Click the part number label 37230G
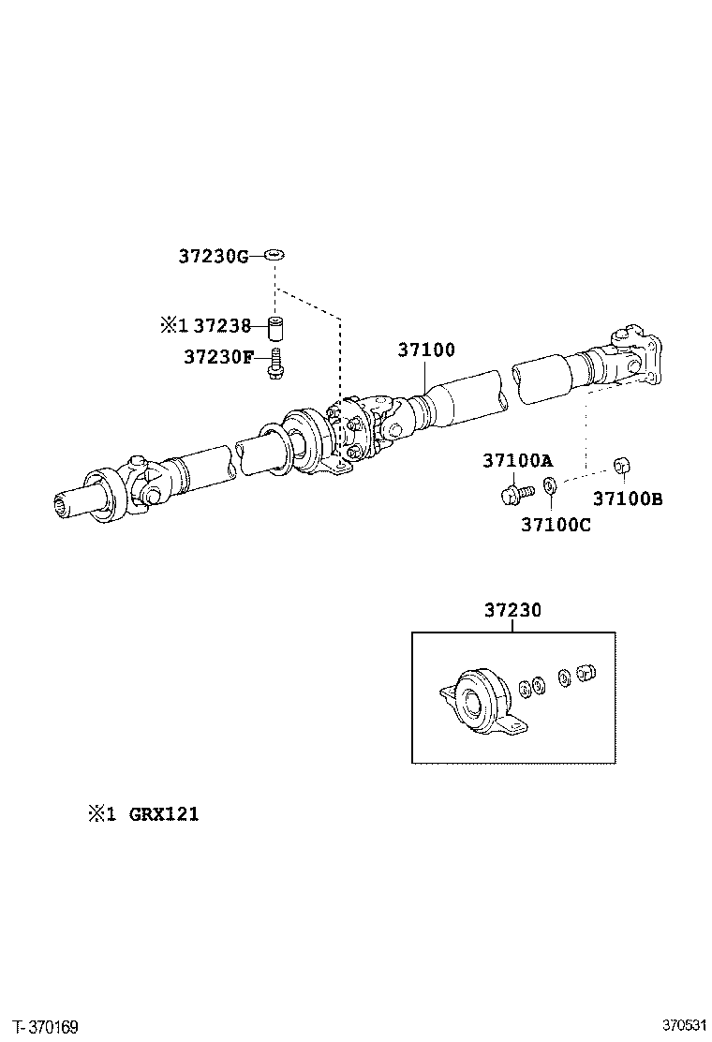coord(214,255)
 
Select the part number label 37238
coord(221,325)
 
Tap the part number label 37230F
coord(218,357)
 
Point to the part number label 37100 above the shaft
coord(426,350)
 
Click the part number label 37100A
coord(517,460)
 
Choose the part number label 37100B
coord(627,499)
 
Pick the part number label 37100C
coord(556,525)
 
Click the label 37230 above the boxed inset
coord(512,610)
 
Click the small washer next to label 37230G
coord(274,254)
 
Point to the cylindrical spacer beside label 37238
coord(275,330)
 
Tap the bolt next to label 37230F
coord(275,365)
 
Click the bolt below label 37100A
coord(514,490)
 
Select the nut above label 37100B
coord(619,465)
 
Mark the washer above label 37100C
coord(550,485)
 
